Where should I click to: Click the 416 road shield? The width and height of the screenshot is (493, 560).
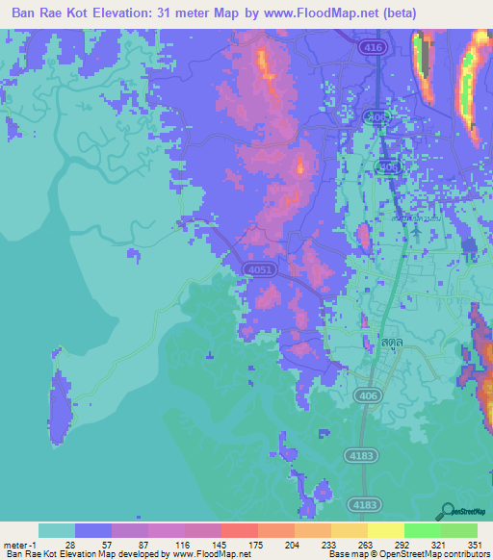click(369, 46)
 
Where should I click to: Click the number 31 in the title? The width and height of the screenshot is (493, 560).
click(214, 14)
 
